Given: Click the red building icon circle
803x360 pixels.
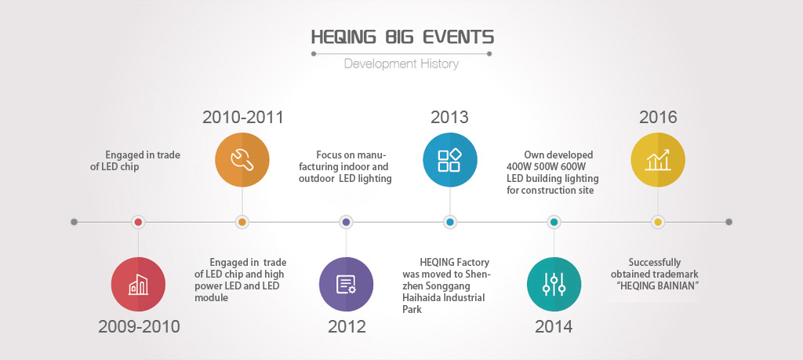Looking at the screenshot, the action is tap(138, 284).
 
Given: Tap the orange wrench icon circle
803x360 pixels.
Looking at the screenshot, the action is tap(242, 160).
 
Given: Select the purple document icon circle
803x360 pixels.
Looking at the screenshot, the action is tap(346, 284).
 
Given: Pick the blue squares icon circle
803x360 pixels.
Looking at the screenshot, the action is tap(449, 160).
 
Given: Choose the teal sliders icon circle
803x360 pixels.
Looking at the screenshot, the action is tap(554, 284).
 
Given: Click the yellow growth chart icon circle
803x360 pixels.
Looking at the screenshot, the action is tap(658, 160).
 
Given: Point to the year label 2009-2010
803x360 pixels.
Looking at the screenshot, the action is tap(139, 327).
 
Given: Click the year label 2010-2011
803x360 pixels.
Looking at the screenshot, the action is tap(243, 118).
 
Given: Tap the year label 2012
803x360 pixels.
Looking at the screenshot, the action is tap(347, 327).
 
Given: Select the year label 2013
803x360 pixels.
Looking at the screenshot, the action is tap(449, 118).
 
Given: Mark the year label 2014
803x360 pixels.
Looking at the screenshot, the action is tap(554, 327).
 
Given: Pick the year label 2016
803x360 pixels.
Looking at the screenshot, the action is tap(658, 118).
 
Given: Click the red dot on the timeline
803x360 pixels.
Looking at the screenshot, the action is tap(138, 222).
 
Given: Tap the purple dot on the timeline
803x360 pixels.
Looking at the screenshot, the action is tap(346, 222).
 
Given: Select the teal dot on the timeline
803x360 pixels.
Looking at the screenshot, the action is tap(554, 222).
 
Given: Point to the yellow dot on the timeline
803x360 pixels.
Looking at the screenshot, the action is tap(658, 222).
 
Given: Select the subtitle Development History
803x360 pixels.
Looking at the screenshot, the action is tap(401, 64).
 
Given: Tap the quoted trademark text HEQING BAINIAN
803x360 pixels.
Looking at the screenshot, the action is tap(658, 285).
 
